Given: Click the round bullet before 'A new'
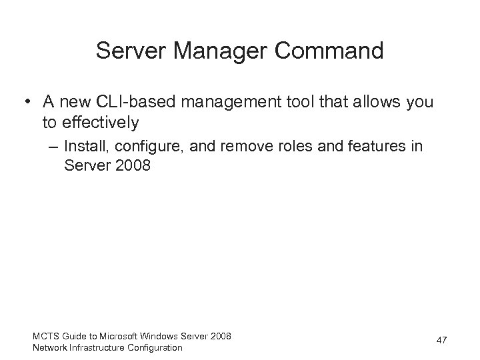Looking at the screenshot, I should pyautogui.click(x=24, y=102).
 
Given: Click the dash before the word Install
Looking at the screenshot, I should pyautogui.click(x=53, y=147).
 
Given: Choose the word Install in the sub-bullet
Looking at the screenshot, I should pyautogui.click(x=84, y=147).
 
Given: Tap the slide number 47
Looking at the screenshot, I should pyautogui.click(x=441, y=341).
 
